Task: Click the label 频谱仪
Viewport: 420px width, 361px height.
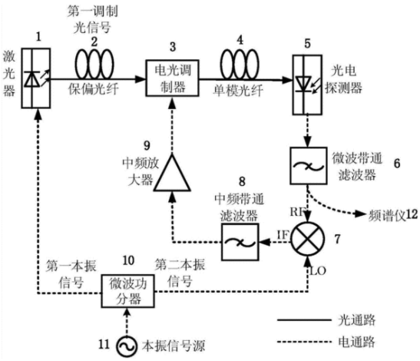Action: tap(387, 215)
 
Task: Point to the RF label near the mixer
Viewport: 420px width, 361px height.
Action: tap(297, 212)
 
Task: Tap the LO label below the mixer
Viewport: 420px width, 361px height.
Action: tap(318, 271)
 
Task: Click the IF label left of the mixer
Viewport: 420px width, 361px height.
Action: tap(283, 235)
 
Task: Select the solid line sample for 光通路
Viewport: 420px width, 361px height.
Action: tap(304, 320)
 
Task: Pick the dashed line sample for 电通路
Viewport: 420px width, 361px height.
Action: tap(304, 342)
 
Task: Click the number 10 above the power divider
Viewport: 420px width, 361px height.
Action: tap(128, 260)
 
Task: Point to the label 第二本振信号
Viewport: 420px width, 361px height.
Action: tap(180, 273)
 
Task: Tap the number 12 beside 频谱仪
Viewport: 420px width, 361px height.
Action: tap(412, 214)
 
